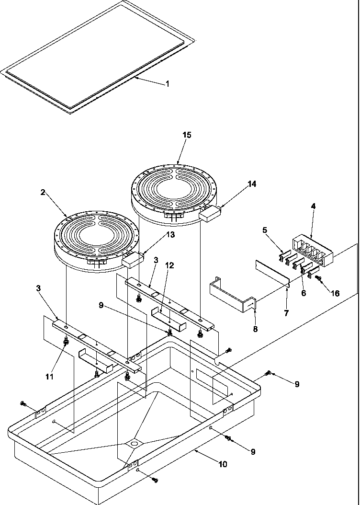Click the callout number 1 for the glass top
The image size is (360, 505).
168,84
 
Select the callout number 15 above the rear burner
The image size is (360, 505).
187,135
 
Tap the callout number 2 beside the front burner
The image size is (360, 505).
43,192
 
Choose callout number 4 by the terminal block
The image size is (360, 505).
313,207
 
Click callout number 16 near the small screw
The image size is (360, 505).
335,293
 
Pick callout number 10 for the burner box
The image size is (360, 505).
223,464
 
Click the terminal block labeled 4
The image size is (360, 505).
311,250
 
